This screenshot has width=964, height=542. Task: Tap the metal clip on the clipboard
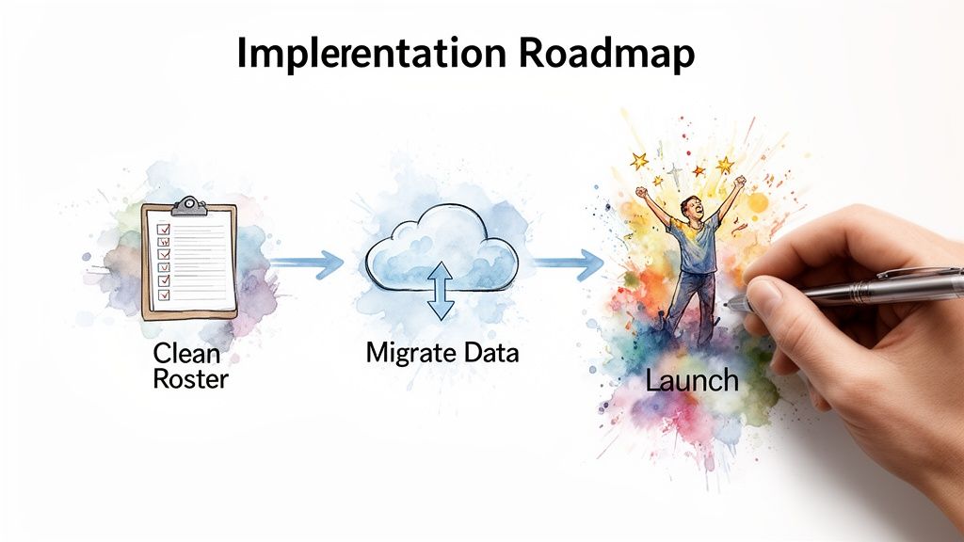(x=189, y=206)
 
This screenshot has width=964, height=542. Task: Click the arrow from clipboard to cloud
(x=307, y=265)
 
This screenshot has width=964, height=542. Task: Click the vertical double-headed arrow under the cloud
(x=440, y=291)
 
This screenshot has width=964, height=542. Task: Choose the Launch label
(x=692, y=381)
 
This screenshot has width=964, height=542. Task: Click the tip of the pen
(x=731, y=303)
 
